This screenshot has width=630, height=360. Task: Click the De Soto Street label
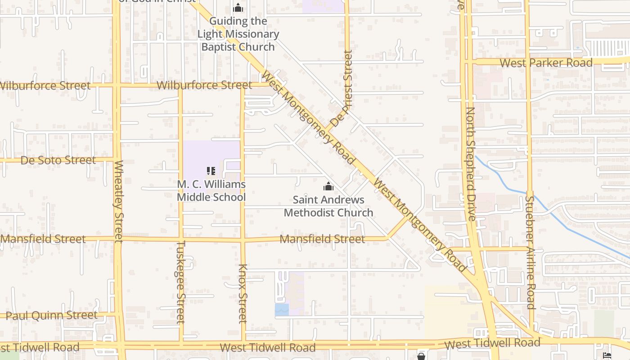pos(58,160)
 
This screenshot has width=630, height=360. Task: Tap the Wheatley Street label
pos(119,201)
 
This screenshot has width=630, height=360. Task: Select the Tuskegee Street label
pos(180,282)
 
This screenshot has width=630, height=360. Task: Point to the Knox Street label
pos(243,293)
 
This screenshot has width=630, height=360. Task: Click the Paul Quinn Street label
pos(52,315)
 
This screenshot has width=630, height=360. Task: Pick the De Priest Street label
pos(341,89)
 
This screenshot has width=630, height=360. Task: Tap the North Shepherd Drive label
pos(471,163)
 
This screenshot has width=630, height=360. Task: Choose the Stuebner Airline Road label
pos(530,252)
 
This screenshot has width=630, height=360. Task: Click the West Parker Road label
pos(546,63)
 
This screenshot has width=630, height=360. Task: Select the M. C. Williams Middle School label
pos(211,191)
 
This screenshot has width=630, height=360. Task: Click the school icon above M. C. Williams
pos(211,171)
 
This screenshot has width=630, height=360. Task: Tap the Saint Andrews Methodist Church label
pos(328,206)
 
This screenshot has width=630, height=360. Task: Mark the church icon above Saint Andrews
pos(328,186)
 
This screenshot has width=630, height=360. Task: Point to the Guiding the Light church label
pos(238,34)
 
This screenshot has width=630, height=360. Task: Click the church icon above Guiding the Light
pos(238,8)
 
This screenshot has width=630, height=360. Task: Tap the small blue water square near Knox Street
pos(282,310)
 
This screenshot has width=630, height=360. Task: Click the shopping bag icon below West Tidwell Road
pos(421,356)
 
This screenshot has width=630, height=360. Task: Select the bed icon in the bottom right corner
pos(607,355)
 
